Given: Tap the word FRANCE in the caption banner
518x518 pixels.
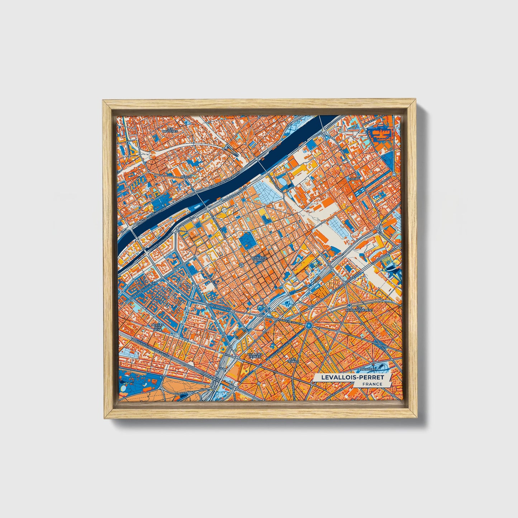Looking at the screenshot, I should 372,384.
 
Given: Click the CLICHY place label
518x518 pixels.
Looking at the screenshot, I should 354,178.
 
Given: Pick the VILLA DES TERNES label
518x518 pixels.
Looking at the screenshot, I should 255,355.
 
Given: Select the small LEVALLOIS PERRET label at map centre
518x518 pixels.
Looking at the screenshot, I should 258,258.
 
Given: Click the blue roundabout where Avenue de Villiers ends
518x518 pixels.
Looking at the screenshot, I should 308,325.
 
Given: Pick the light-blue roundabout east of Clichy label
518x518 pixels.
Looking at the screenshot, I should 394,175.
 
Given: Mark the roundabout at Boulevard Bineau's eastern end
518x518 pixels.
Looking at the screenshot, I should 233,311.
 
